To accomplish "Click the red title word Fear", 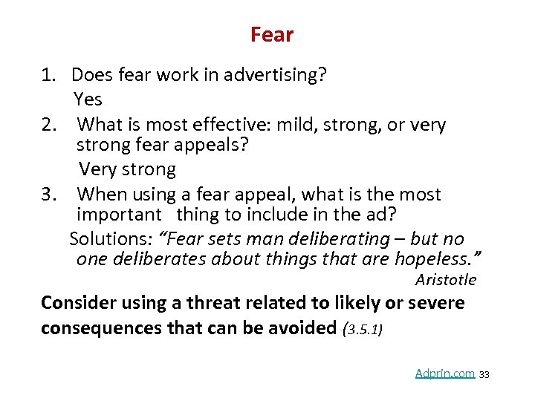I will tap(272, 35).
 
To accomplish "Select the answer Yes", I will tap(88, 99).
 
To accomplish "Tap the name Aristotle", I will tap(446, 280).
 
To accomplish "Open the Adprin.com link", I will tap(444, 374).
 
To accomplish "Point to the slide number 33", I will tap(484, 374).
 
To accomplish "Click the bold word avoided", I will tap(300, 328).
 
